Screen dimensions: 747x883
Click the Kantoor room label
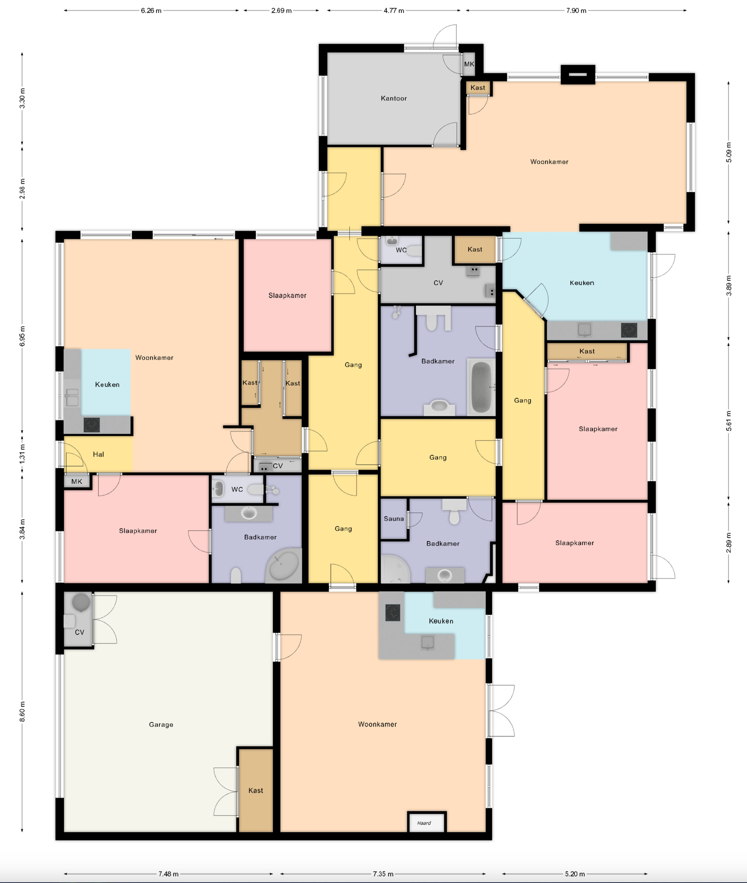393,98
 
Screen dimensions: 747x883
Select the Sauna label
393,518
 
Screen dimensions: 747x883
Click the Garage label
161,725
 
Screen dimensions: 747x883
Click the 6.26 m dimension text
151,11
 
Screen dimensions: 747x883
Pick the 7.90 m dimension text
576,11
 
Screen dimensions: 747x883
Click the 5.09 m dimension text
728,152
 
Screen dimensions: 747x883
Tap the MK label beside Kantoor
469,64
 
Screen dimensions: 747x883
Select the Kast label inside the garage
255,790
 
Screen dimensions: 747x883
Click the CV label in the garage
79,632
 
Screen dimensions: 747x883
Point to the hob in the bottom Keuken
393,613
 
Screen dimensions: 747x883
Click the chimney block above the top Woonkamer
578,75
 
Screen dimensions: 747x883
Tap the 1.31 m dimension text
22,453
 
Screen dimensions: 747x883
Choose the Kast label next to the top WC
475,249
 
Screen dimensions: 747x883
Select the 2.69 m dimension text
281,11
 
